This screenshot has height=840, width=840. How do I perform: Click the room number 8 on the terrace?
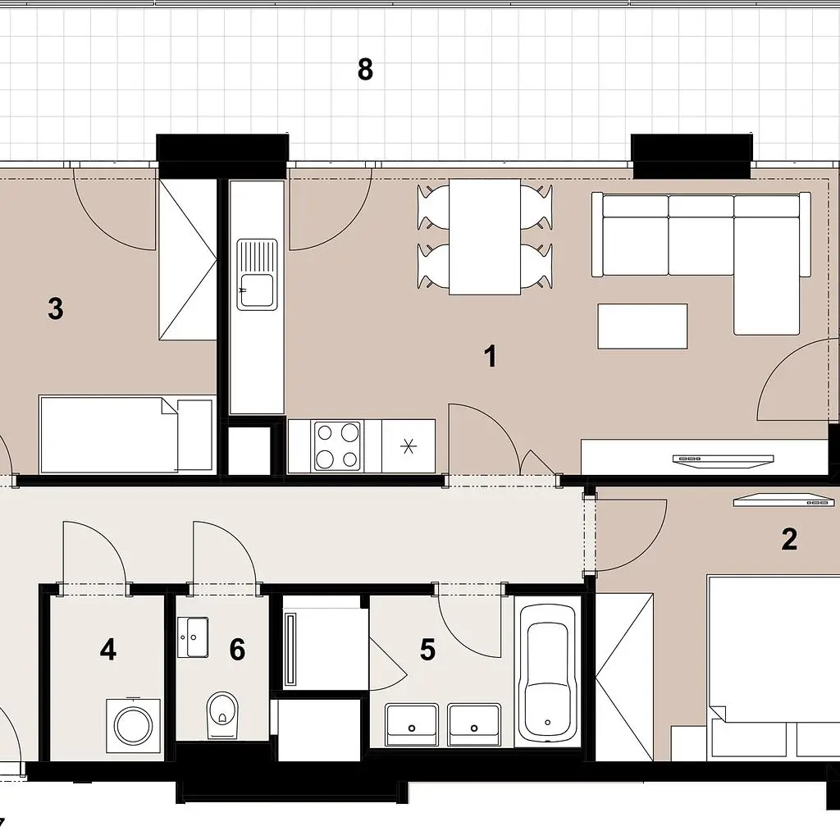365,70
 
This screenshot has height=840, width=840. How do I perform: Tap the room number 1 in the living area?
491,356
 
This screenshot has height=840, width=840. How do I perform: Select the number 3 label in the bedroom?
56,309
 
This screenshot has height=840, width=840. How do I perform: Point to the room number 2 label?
789,540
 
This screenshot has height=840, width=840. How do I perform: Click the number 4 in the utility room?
108,650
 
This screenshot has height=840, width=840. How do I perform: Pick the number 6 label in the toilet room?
237,650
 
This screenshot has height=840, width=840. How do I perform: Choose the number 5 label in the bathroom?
427,650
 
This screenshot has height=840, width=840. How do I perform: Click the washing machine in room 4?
134,725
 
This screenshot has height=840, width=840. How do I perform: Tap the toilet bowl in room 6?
221,714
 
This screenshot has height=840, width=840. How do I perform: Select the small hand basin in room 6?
192,637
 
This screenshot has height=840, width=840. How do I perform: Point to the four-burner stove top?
337,446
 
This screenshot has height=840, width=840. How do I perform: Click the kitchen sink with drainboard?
257,274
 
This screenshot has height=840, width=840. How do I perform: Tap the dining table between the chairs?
485,236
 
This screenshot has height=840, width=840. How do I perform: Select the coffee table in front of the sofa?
642,326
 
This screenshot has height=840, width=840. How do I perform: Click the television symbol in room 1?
724,461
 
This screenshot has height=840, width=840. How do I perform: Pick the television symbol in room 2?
784,500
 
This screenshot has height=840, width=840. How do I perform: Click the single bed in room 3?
127,435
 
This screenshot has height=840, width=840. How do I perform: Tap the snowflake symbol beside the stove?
409,446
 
